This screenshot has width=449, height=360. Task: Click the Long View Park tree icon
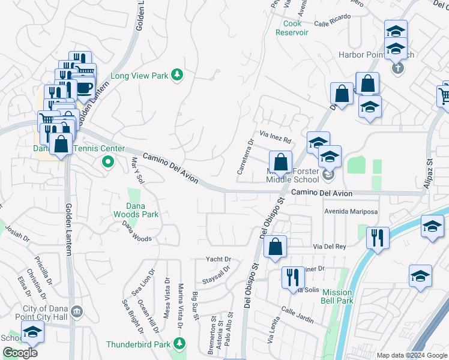point(177,75)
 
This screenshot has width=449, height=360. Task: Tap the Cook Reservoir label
point(292,28)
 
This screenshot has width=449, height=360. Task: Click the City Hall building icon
point(77,311)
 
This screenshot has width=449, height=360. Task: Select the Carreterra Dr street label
point(246,156)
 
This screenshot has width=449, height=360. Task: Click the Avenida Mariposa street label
point(351,212)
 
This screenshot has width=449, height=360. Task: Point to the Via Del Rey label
point(330,247)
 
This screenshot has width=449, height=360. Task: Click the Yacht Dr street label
point(220,259)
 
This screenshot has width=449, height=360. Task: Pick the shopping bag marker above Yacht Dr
point(275,246)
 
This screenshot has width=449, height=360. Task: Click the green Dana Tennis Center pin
point(108,161)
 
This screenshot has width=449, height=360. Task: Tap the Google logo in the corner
point(20,353)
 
